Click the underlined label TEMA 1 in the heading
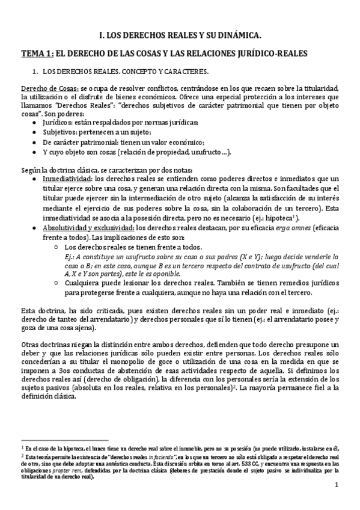click(37, 54)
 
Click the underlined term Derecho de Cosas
click(41, 89)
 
